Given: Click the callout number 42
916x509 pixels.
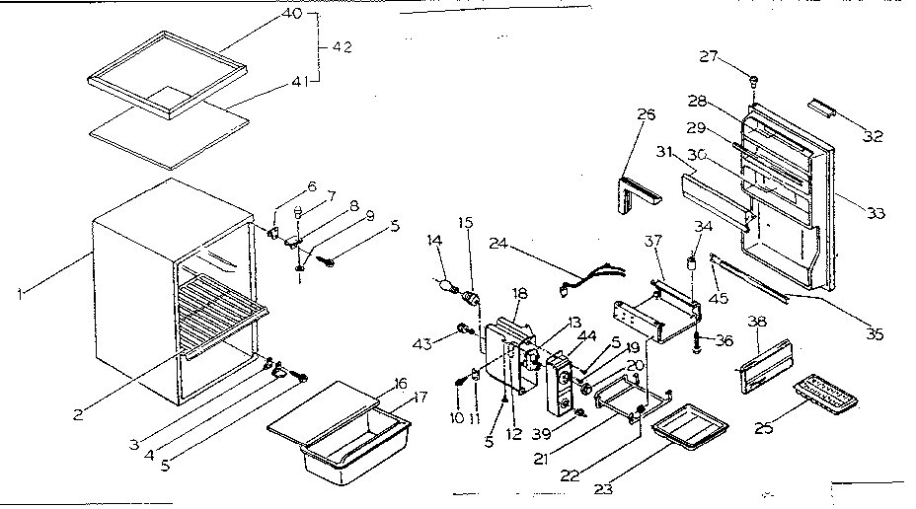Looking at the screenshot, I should pyautogui.click(x=343, y=47).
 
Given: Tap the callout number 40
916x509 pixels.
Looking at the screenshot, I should pyautogui.click(x=292, y=14).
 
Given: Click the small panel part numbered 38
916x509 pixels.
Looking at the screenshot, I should pyautogui.click(x=765, y=359).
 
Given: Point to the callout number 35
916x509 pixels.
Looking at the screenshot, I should pyautogui.click(x=872, y=333).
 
